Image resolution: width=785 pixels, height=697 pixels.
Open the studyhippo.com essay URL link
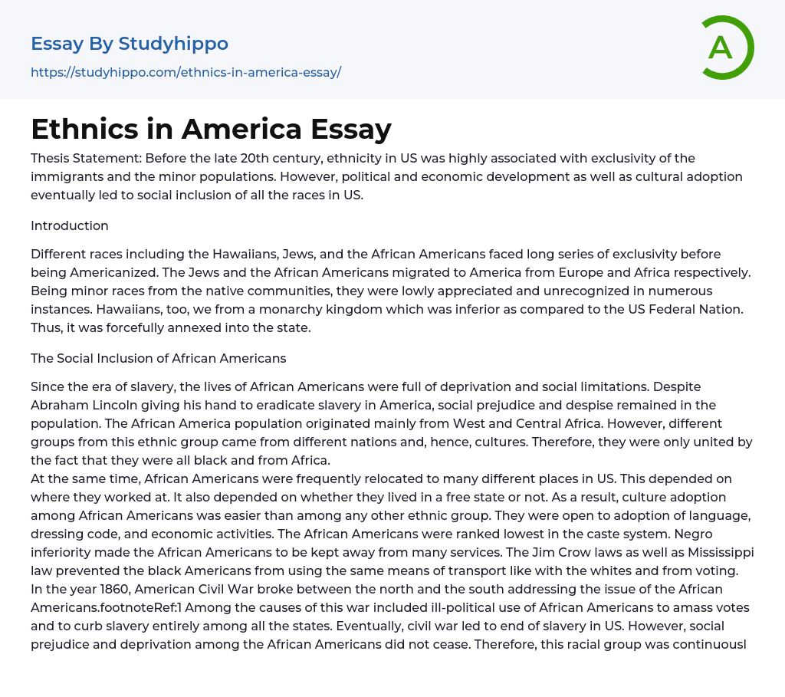[x=186, y=73]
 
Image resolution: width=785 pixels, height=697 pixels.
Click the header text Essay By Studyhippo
[x=130, y=44]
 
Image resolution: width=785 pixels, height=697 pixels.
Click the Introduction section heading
[x=70, y=225]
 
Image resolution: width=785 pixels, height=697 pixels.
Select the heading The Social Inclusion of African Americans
[x=158, y=358]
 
